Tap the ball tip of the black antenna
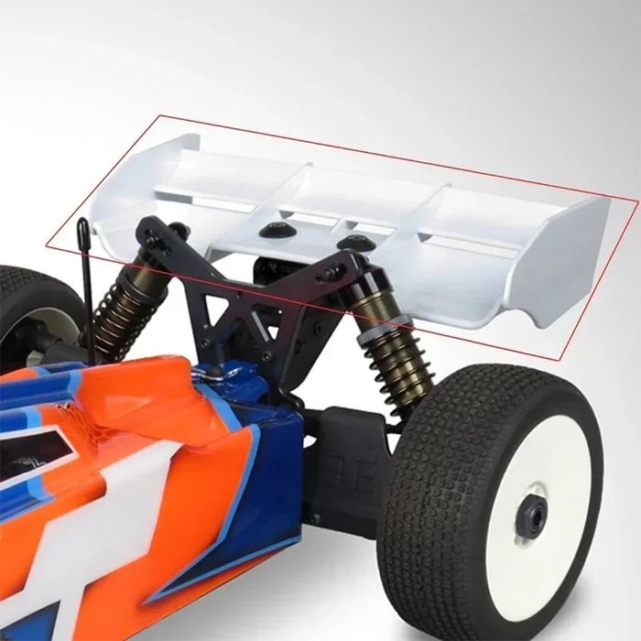tap(82, 223)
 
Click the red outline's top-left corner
tap(159, 116)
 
